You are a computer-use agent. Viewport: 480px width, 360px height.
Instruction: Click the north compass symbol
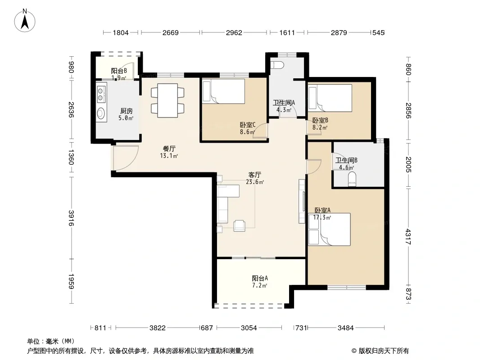click(25, 21)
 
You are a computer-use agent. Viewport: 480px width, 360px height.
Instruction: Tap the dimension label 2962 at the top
click(234, 32)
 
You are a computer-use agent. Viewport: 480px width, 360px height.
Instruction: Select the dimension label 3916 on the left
click(71, 218)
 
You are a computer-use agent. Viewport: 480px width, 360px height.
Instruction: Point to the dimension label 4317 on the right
click(408, 236)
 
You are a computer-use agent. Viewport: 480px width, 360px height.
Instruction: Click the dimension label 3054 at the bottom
click(249, 328)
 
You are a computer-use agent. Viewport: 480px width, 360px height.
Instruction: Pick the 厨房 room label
click(126, 111)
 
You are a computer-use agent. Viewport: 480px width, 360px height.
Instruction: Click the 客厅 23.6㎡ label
click(255, 178)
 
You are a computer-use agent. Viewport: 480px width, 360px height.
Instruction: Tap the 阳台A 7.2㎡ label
click(260, 282)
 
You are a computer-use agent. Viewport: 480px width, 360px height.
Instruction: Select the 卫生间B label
click(346, 160)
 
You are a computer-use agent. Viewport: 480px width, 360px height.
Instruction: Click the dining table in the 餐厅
click(168, 101)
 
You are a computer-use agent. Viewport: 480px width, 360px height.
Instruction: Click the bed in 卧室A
click(330, 229)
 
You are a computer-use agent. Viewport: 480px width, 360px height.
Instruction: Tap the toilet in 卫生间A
click(278, 65)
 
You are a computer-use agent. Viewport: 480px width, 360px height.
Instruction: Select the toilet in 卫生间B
click(352, 179)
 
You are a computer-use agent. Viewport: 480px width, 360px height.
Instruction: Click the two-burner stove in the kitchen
click(101, 94)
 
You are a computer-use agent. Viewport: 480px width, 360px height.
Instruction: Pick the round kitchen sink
click(101, 113)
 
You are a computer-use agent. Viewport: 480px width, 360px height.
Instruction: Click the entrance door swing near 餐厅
click(125, 157)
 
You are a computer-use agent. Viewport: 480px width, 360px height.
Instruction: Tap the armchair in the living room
click(240, 226)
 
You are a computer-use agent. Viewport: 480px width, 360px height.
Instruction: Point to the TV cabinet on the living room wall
click(302, 201)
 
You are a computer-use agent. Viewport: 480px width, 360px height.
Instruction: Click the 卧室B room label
click(320, 120)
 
